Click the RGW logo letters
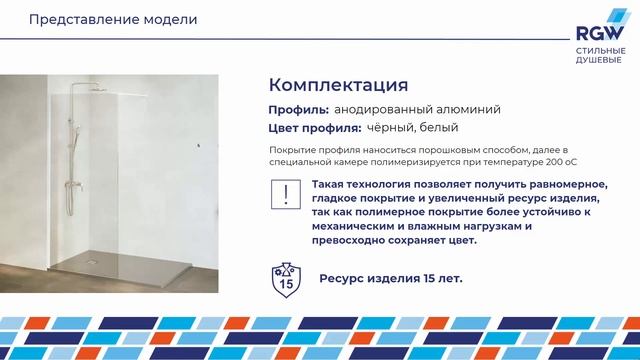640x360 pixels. pos(597,32)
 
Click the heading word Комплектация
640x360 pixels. pos(338,84)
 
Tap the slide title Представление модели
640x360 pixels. pos(97,20)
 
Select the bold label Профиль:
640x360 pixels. pos(298,109)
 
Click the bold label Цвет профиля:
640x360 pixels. pos(314,128)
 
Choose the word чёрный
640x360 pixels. pos(393,128)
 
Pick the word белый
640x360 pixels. pos(440,128)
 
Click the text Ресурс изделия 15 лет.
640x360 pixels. pos(390,277)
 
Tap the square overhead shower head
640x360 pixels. pos(99,86)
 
